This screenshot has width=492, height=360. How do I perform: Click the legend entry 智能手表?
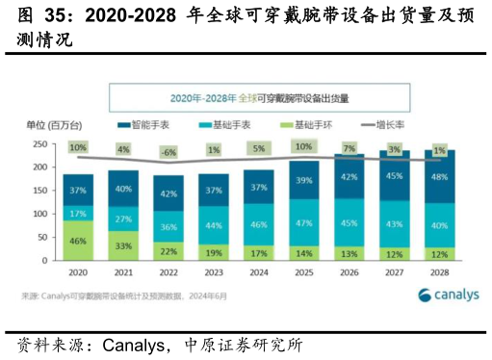tap(150, 125)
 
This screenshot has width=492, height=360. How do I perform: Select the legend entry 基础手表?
tap(232, 125)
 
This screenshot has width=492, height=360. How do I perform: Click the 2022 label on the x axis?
tap(169, 273)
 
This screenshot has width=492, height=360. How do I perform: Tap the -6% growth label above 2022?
tap(169, 153)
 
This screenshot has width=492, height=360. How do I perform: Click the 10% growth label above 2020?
tap(78, 148)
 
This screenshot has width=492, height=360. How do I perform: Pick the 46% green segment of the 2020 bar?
tap(78, 240)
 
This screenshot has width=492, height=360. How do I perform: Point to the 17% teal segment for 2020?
tap(78, 213)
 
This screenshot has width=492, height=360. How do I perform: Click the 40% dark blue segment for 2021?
tap(123, 189)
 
